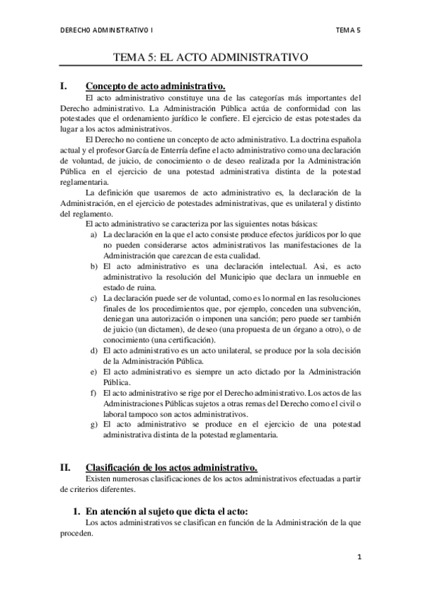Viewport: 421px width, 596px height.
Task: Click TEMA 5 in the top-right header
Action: (348, 30)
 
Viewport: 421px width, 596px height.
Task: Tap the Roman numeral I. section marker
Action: (64, 86)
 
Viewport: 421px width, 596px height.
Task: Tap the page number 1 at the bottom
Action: (358, 557)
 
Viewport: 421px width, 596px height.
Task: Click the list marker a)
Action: (94, 233)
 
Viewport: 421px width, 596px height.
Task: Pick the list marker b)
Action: (94, 266)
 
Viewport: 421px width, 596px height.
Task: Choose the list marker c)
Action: (94, 299)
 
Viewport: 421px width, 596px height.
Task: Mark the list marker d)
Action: (94, 350)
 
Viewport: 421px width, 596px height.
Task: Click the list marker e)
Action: (94, 371)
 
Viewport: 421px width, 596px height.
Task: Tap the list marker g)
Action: (94, 425)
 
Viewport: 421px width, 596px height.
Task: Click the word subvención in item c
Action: (335, 309)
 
